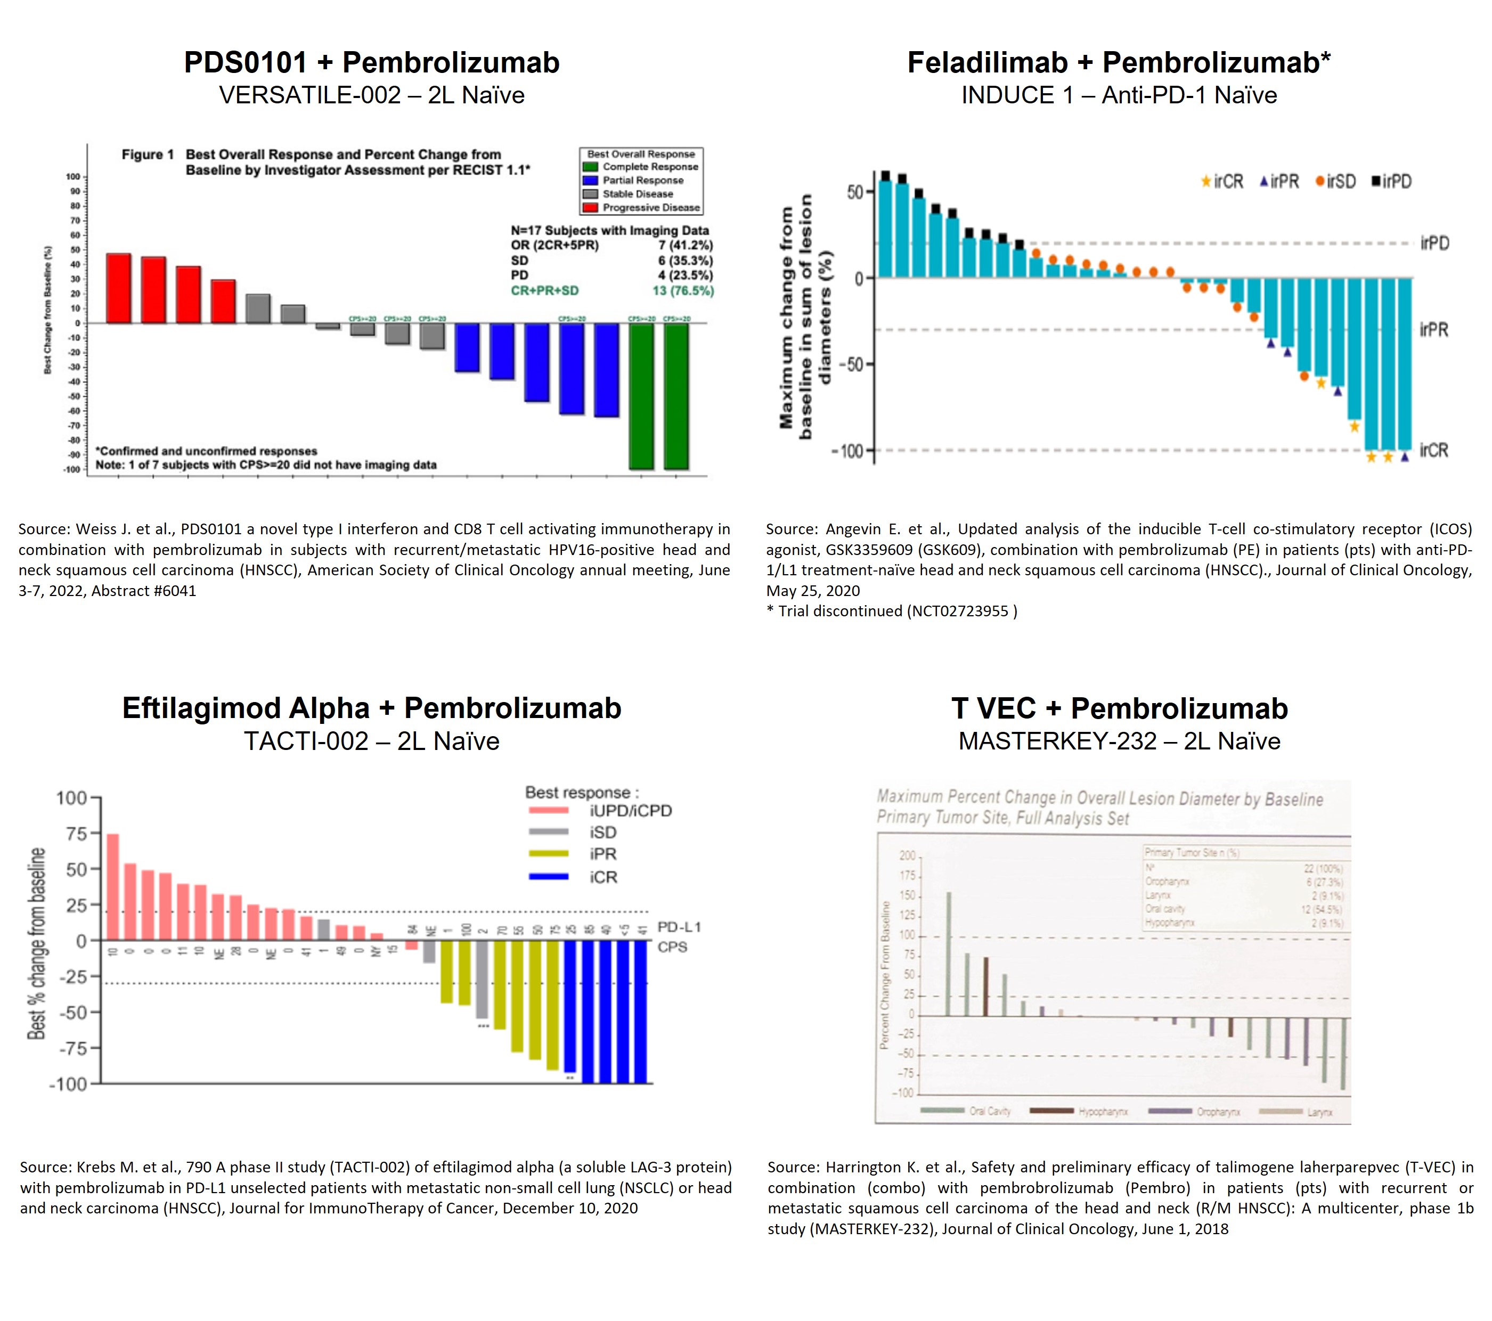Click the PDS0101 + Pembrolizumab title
click(372, 63)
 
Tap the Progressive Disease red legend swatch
click(591, 208)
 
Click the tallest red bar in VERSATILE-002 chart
click(119, 288)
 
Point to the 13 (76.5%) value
click(682, 290)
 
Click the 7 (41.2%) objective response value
click(686, 245)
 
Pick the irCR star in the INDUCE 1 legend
click(1206, 182)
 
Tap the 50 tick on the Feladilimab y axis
click(855, 192)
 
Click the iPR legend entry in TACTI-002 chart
click(603, 854)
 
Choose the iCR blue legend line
click(548, 877)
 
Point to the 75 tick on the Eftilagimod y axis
click(77, 834)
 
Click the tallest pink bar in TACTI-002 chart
click(113, 887)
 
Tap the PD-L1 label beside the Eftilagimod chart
click(679, 927)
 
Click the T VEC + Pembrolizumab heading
click(1119, 708)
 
